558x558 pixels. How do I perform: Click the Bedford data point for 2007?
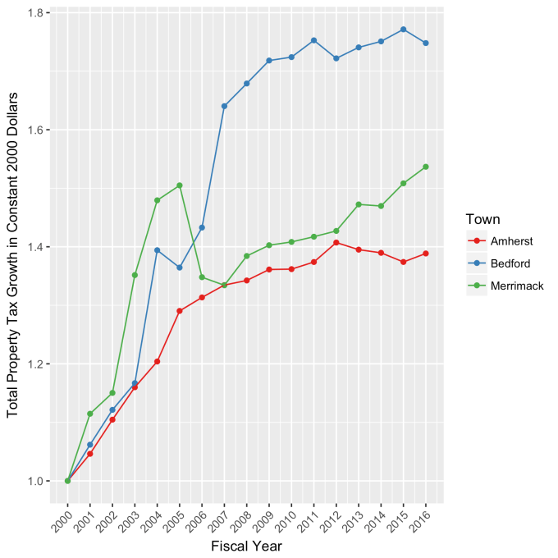(224, 106)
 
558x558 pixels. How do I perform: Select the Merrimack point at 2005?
(180, 185)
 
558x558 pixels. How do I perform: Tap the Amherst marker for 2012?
(336, 242)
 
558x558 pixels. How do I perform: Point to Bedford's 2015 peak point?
(404, 30)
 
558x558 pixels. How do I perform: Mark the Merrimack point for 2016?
(426, 167)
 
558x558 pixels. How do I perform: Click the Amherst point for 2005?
(180, 311)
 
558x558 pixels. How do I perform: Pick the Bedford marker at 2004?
(158, 250)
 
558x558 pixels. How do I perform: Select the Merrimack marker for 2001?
(90, 414)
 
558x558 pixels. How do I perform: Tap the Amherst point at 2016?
(426, 254)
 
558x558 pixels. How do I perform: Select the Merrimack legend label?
(518, 286)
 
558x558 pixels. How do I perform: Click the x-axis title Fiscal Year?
(247, 544)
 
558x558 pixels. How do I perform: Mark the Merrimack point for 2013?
(359, 204)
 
